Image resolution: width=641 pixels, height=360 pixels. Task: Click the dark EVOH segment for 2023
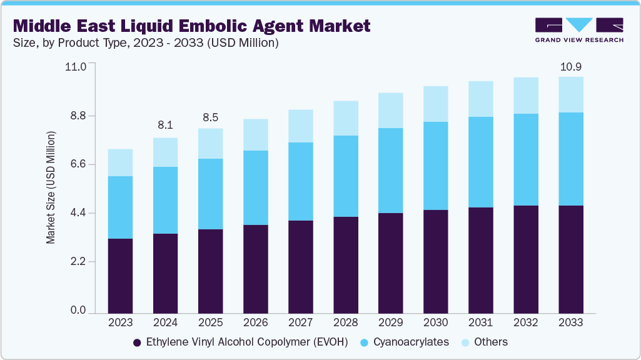tap(120, 276)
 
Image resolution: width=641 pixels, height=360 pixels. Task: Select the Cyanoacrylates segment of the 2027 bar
tap(301, 181)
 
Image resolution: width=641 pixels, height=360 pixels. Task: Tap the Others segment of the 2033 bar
tap(571, 94)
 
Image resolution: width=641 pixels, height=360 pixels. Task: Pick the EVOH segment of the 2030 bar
tap(436, 261)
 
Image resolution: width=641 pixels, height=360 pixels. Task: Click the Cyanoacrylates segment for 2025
tap(210, 194)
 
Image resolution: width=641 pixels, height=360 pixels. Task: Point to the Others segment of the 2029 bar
tap(391, 111)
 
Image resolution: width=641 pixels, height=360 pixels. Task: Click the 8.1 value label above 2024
tap(165, 125)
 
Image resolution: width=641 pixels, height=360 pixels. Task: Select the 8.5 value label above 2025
tap(210, 117)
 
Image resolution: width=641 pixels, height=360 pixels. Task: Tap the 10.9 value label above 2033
tap(571, 66)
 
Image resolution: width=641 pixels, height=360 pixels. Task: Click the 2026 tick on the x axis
tap(255, 322)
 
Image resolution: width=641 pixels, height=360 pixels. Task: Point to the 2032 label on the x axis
tap(526, 322)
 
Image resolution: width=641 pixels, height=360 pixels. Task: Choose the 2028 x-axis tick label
tap(346, 322)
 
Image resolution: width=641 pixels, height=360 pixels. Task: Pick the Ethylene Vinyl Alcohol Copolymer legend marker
tap(136, 342)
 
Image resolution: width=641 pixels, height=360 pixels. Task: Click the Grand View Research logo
tap(578, 30)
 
